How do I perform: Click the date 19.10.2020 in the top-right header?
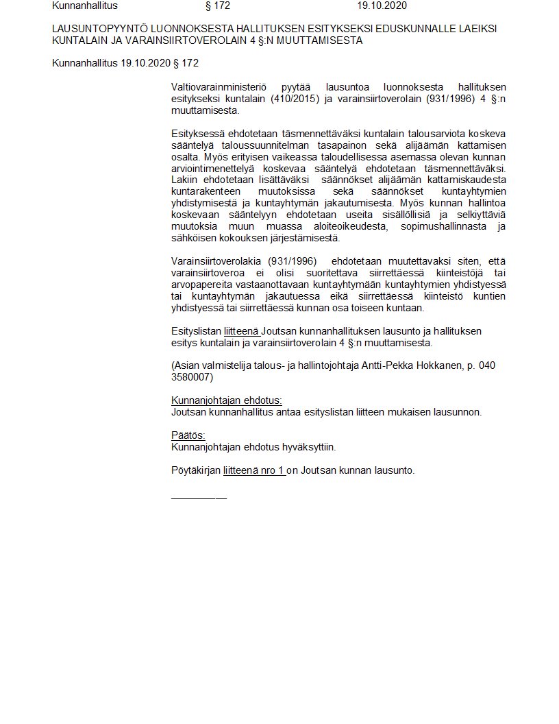382,5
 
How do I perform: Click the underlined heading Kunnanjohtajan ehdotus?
226,400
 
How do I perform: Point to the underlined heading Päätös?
188,435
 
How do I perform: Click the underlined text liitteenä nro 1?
254,470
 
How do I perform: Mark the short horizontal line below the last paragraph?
199,496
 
